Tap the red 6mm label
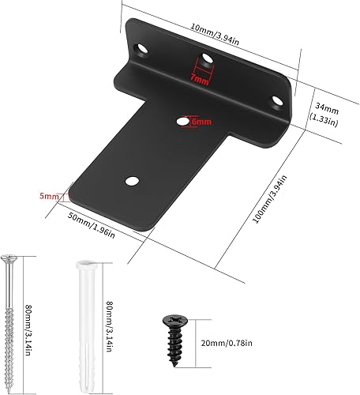[201, 122]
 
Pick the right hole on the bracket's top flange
[277, 100]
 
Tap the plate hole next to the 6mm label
[182, 122]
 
